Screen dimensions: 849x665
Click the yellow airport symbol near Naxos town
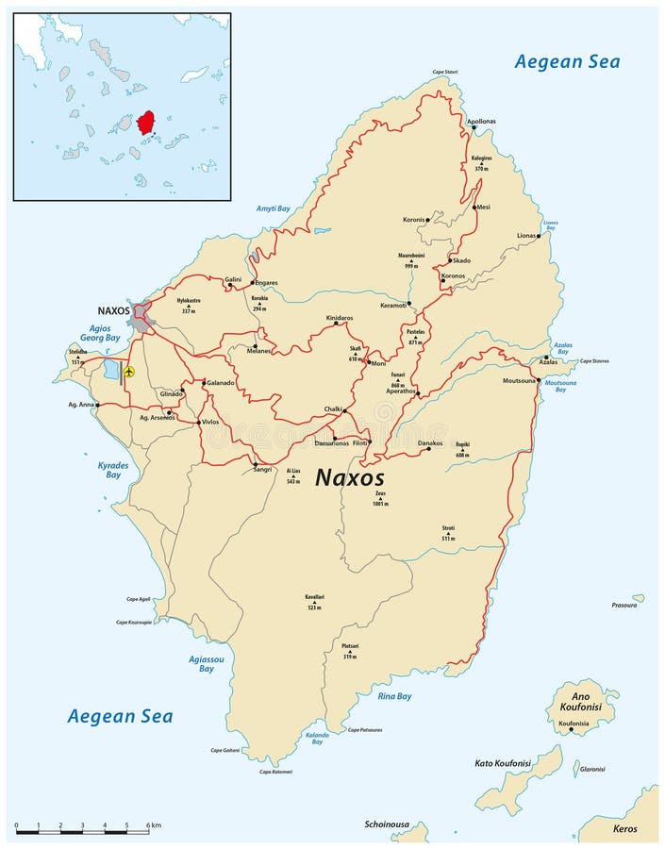[130, 372]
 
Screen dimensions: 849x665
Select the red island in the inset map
[145, 124]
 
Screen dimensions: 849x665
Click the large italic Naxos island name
[349, 477]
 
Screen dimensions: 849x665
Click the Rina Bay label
[394, 696]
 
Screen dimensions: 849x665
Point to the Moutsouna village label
[520, 380]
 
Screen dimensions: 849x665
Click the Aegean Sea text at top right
[567, 61]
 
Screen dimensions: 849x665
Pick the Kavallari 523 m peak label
[315, 602]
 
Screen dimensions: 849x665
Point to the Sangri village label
[262, 469]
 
